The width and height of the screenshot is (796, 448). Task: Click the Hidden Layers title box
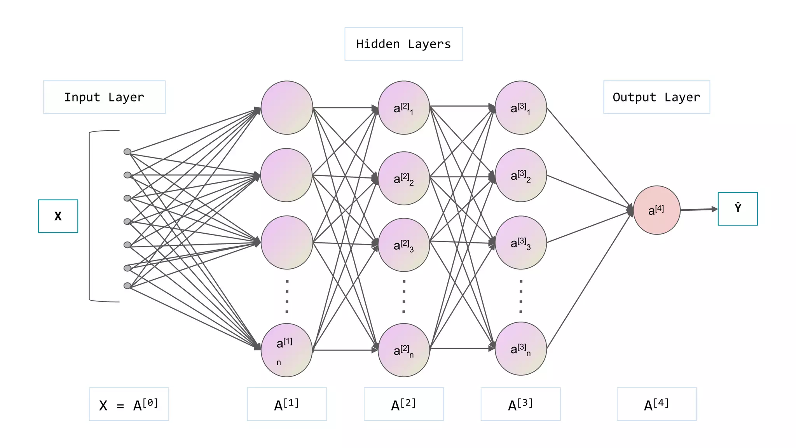[x=403, y=44]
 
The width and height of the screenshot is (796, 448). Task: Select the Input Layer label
[x=104, y=97]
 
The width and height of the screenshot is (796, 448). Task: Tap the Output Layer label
[x=656, y=97]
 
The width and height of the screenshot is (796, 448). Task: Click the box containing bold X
[x=58, y=216]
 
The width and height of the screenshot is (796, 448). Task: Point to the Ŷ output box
[x=737, y=209]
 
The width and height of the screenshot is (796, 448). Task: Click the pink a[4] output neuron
[x=656, y=210]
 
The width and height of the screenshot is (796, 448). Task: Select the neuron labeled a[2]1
[x=403, y=108]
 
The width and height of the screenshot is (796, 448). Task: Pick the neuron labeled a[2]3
[x=403, y=245]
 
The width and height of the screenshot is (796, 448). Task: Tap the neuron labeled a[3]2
[x=521, y=175]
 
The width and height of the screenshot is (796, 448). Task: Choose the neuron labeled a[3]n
[x=521, y=349]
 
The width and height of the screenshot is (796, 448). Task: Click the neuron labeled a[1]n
[x=287, y=350]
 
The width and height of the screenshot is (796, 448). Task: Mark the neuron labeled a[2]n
[x=403, y=350]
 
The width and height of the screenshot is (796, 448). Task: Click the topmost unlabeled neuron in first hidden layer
[x=287, y=108]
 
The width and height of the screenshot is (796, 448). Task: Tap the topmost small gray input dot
[x=127, y=152]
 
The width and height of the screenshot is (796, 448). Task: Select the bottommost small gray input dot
[x=127, y=286]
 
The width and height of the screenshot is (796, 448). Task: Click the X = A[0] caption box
[x=129, y=404]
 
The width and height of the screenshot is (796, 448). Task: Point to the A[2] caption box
[x=403, y=404]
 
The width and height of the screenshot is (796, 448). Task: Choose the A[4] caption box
[x=656, y=404]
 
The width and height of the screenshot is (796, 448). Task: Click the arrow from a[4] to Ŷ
[x=698, y=210]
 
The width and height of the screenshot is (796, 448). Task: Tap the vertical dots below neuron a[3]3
[x=521, y=296]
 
